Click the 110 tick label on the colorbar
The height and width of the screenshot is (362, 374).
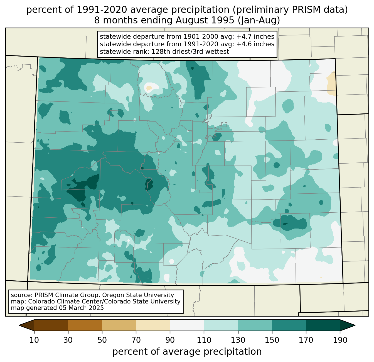[204, 340]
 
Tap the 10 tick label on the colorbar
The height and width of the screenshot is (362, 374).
[34, 340]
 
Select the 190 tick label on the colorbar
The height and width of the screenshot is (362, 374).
[340, 340]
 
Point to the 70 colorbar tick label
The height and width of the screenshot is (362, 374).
[136, 340]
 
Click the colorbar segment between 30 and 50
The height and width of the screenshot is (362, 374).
[85, 325]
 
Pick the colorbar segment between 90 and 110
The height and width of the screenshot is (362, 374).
[187, 325]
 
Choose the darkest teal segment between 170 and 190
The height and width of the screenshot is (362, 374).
[323, 325]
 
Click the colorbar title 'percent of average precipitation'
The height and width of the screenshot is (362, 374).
[187, 352]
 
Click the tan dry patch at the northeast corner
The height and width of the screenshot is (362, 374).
[331, 84]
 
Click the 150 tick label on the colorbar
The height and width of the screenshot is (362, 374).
[272, 340]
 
